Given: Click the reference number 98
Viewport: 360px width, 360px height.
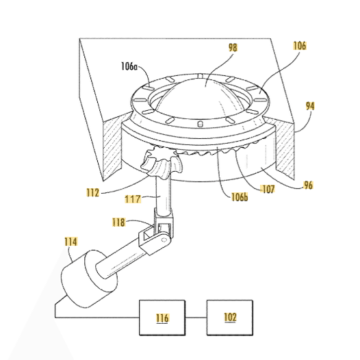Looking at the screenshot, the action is pos(233,47).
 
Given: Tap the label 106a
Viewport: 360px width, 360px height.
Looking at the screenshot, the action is pos(129,66).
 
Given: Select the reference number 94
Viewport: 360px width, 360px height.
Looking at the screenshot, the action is pos(310,106).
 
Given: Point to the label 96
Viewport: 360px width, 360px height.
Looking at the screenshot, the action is pos(308,185).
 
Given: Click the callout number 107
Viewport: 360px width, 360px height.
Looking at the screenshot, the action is pos(268,189).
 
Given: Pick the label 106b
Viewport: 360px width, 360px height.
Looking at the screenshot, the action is pos(240,196).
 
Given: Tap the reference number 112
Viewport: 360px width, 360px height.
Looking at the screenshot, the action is pos(93,192).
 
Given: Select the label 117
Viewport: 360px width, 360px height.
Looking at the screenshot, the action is pos(133,199).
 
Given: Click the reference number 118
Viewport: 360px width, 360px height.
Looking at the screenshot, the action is pos(118,222).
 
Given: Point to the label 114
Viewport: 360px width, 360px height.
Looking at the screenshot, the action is pos(71,242).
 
